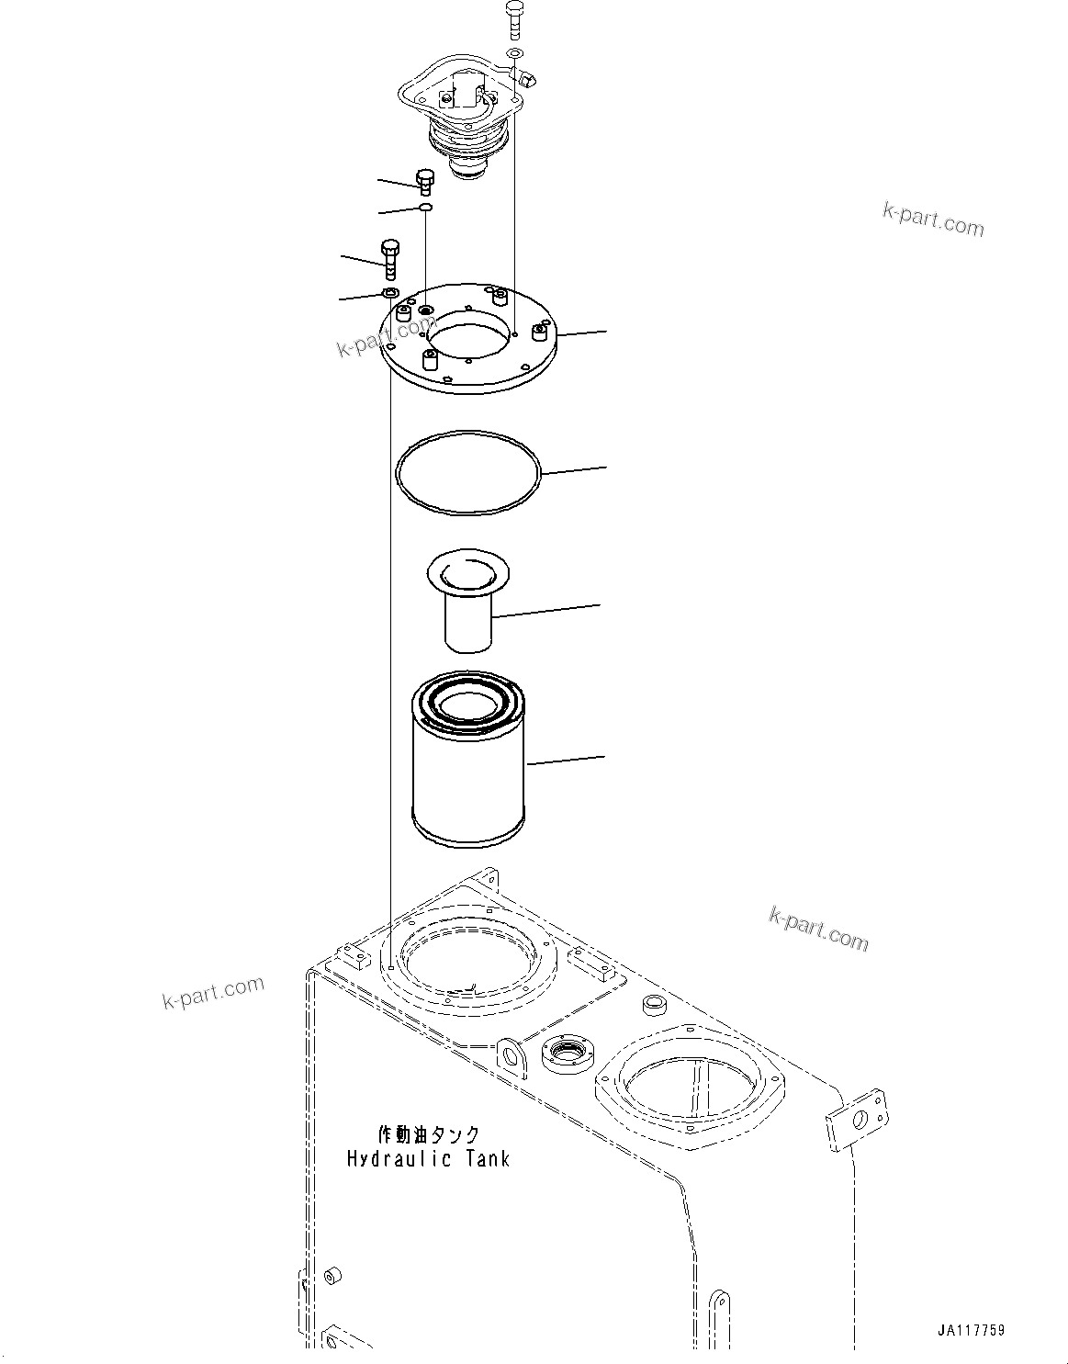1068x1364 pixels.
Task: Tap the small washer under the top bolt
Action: [x=515, y=54]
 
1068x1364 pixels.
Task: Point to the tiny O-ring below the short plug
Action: [x=426, y=209]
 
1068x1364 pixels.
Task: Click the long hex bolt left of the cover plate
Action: [x=391, y=260]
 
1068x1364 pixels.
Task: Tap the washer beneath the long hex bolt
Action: [x=389, y=293]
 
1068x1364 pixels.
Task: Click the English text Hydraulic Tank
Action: [x=428, y=1158]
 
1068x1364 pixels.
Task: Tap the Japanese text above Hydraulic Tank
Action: [x=429, y=1135]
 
